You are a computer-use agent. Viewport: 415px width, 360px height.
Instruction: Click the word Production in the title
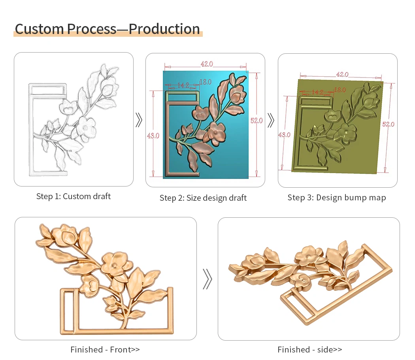pos(164,29)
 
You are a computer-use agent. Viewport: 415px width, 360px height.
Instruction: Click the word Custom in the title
pos(40,29)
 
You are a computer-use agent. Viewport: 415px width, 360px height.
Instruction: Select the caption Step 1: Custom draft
pos(73,196)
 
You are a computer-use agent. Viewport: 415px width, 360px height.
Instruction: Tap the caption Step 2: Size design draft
pos(203,198)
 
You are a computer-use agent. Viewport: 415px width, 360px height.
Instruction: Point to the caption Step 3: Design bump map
pos(337,198)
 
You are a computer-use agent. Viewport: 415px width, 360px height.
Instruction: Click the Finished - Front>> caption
pos(105,350)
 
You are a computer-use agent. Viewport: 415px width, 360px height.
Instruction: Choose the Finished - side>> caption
pos(309,350)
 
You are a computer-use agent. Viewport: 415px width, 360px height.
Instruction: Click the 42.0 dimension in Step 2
pos(207,64)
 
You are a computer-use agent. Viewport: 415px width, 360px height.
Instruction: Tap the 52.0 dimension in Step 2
pos(257,121)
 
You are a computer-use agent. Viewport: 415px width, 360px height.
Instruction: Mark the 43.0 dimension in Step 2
pos(153,136)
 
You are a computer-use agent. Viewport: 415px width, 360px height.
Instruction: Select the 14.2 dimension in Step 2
pos(183,85)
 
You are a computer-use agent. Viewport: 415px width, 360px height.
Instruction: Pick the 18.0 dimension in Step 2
pos(206,82)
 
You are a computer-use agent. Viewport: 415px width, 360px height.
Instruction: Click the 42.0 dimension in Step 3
pos(342,74)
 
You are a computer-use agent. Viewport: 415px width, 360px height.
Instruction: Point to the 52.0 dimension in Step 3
pos(388,124)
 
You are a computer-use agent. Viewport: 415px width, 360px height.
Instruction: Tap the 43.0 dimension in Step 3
pos(285,135)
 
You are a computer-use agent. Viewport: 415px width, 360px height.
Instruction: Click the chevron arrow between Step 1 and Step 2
pos(139,120)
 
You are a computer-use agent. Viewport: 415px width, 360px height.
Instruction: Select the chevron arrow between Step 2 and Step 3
pos(271,121)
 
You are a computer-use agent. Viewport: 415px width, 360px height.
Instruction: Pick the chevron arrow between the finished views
pos(207,279)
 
